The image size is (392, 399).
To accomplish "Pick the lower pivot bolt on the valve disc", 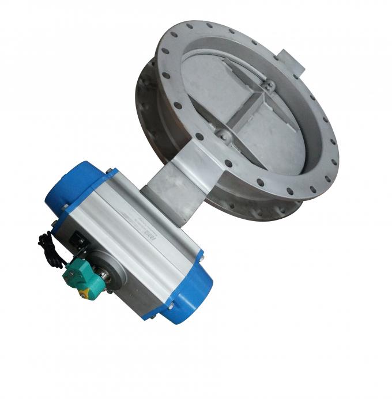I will (222, 136).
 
